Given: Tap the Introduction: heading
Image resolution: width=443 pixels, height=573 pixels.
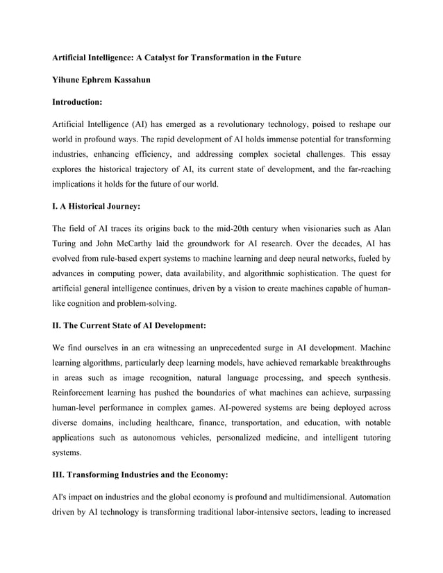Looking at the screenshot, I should coord(78,102).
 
